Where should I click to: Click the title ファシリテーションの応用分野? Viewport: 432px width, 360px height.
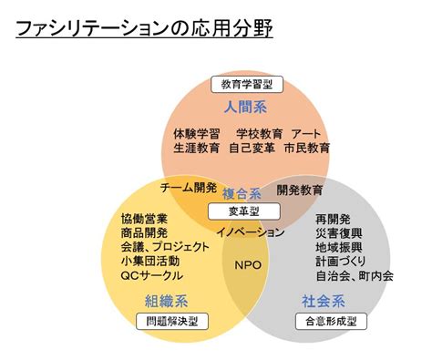(144, 28)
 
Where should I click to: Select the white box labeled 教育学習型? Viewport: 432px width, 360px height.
(247, 85)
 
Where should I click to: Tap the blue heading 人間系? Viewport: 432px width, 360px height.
(245, 108)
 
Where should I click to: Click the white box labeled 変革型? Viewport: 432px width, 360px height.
(244, 211)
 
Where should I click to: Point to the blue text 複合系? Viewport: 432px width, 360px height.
(242, 194)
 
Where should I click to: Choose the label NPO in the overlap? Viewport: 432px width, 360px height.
(248, 265)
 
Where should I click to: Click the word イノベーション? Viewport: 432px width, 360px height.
(250, 232)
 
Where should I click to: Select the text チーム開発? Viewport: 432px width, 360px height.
(189, 188)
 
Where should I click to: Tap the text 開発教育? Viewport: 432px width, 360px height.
(299, 190)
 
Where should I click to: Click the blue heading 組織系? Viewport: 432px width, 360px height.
(167, 302)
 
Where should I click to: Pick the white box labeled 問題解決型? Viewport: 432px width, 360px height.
(172, 321)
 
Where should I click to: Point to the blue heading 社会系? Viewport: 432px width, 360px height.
(324, 302)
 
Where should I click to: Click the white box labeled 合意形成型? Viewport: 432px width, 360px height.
(331, 321)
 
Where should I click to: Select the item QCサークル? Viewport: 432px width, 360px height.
(152, 275)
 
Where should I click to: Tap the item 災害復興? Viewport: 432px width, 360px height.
(339, 233)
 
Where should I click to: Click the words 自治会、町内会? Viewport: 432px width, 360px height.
(355, 276)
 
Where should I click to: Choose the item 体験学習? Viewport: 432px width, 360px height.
(197, 134)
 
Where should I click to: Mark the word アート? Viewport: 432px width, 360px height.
(306, 134)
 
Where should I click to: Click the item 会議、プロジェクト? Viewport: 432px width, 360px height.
(165, 247)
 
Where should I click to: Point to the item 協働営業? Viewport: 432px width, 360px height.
(144, 219)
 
